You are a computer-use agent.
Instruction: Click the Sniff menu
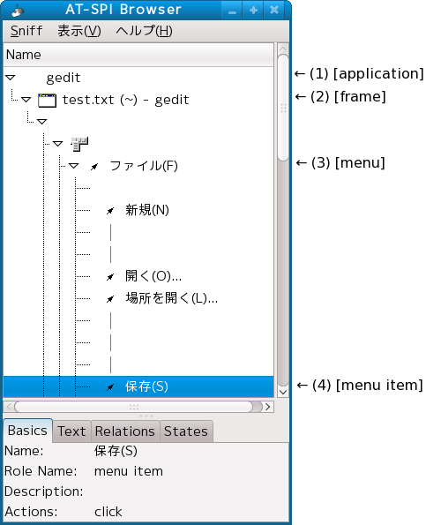pyautogui.click(x=26, y=31)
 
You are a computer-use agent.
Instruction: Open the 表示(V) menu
pyautogui.click(x=79, y=31)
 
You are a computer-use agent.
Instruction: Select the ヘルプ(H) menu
pyautogui.click(x=145, y=31)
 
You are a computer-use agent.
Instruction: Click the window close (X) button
pyautogui.click(x=274, y=10)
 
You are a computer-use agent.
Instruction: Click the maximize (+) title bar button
pyautogui.click(x=253, y=10)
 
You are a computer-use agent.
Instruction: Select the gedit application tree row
pyautogui.click(x=64, y=78)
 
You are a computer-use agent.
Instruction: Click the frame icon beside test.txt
pyautogui.click(x=47, y=100)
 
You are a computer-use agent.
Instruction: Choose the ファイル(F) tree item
pyautogui.click(x=144, y=166)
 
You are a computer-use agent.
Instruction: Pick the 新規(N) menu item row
pyautogui.click(x=147, y=210)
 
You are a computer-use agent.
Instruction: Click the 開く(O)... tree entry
pyautogui.click(x=153, y=276)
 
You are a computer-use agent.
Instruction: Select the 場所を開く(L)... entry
pyautogui.click(x=171, y=298)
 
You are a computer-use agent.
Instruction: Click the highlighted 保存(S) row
pyautogui.click(x=138, y=386)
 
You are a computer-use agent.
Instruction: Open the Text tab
pyautogui.click(x=71, y=431)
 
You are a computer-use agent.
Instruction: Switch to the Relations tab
pyautogui.click(x=125, y=431)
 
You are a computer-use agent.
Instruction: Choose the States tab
pyautogui.click(x=186, y=431)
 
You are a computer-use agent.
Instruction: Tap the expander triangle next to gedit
pyautogui.click(x=11, y=78)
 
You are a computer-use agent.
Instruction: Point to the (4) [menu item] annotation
pyautogui.click(x=360, y=385)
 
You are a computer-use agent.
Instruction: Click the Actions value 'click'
pyautogui.click(x=108, y=512)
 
